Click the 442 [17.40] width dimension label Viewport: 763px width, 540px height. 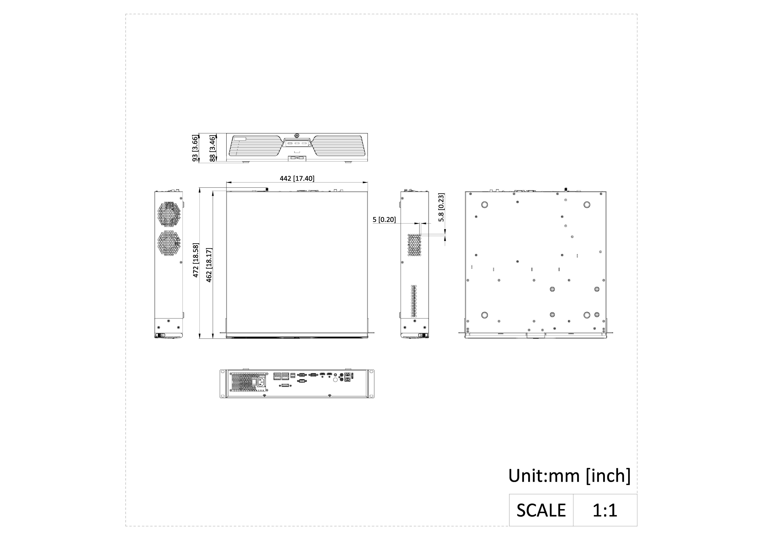(297, 178)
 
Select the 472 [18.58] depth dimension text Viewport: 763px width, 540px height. (196, 260)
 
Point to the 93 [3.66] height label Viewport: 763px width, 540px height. (195, 148)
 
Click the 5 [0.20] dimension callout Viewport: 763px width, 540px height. (384, 220)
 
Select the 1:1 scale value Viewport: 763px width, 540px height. (605, 510)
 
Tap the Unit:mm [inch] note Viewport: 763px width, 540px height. (569, 476)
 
